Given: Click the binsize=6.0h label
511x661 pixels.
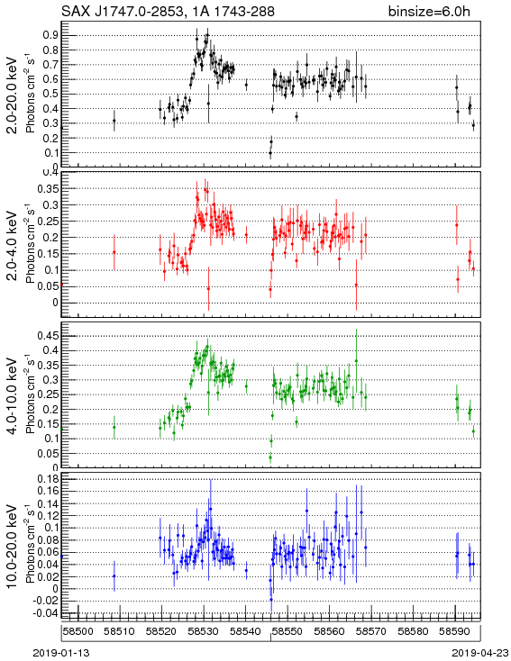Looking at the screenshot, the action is [429, 12].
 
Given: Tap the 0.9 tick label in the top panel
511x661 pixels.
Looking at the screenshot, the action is [50, 35].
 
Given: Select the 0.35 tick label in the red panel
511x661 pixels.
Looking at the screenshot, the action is [48, 189].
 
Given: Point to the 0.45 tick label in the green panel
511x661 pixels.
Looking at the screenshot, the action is [48, 336].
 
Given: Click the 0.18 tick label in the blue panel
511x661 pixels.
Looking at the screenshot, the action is [48, 479].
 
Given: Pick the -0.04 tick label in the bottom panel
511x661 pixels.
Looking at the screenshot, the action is [46, 613].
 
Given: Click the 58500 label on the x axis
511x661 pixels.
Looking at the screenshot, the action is [78, 631].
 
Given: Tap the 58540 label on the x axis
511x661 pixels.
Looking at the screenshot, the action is [245, 631].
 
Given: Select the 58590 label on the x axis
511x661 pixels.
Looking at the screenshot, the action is [455, 631].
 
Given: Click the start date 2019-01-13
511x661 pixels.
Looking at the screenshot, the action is [61, 653].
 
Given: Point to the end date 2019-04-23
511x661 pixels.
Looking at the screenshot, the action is [480, 653].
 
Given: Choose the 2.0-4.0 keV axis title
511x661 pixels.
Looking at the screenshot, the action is [13, 246].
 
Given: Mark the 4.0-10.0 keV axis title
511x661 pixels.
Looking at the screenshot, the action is [13, 396].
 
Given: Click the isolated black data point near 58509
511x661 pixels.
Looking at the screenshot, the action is [114, 121].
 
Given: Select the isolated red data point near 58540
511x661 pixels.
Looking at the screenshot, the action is [246, 235].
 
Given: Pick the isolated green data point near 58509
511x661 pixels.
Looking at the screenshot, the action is [114, 427].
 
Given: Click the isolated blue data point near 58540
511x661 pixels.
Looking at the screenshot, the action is [246, 570].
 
